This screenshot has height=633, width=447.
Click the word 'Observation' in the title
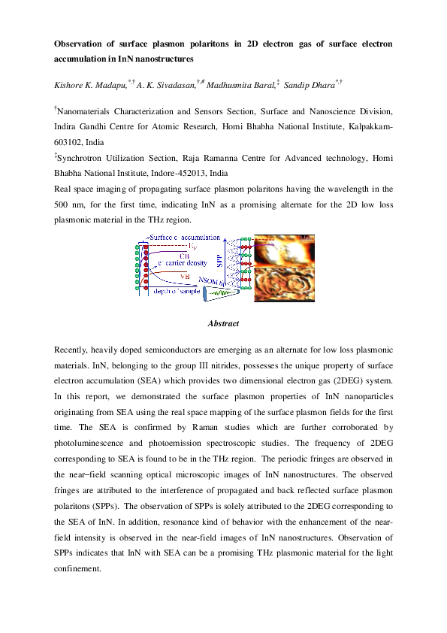(78, 44)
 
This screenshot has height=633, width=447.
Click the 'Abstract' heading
(223, 323)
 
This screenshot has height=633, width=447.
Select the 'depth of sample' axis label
(177, 291)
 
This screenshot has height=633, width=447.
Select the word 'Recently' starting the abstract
(73, 351)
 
